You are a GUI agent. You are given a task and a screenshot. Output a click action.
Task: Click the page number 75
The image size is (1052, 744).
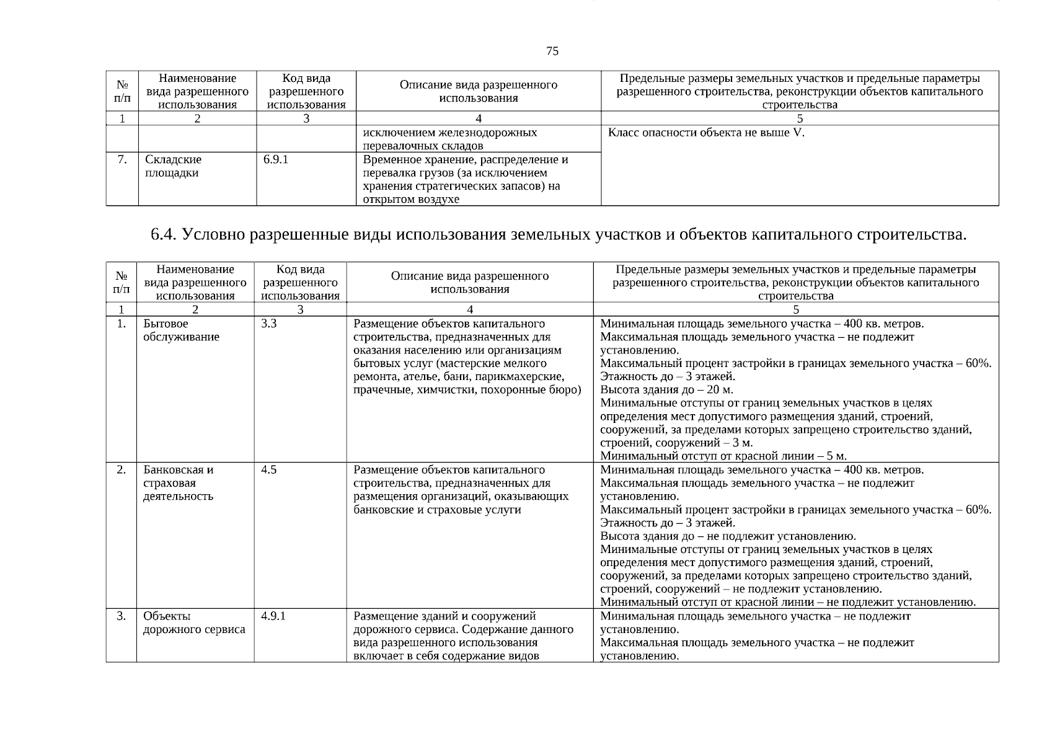pyautogui.click(x=552, y=51)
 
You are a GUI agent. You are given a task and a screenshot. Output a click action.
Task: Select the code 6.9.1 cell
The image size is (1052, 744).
pyautogui.click(x=276, y=160)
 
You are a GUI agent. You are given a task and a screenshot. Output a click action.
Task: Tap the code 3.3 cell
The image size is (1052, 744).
pyautogui.click(x=268, y=324)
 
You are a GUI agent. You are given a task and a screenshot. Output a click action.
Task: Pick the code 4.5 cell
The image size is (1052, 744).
pyautogui.click(x=268, y=470)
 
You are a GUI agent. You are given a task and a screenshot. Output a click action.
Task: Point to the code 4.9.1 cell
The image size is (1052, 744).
pyautogui.click(x=273, y=616)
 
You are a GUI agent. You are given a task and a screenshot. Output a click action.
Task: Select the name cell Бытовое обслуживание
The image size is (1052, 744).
pyautogui.click(x=181, y=330)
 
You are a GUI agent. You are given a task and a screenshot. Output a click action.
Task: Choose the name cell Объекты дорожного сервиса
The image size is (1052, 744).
pyautogui.click(x=194, y=623)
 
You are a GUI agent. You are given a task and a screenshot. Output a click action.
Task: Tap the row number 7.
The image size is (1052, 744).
pyautogui.click(x=122, y=160)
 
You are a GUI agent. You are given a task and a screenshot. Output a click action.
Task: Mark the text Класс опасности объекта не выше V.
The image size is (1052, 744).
pyautogui.click(x=706, y=133)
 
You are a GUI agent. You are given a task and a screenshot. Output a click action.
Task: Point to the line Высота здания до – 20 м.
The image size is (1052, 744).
pyautogui.click(x=666, y=390)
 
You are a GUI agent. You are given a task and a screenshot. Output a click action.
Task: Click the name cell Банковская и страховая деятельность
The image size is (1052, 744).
pyautogui.click(x=179, y=483)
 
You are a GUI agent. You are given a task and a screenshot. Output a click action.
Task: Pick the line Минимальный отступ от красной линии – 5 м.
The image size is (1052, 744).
pyautogui.click(x=723, y=456)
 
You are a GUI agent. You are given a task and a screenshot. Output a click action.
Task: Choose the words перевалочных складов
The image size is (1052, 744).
pyautogui.click(x=423, y=146)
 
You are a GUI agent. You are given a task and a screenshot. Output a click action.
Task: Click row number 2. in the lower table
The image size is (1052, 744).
pyautogui.click(x=122, y=470)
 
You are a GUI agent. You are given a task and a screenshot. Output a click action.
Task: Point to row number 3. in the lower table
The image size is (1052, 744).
pyautogui.click(x=122, y=616)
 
